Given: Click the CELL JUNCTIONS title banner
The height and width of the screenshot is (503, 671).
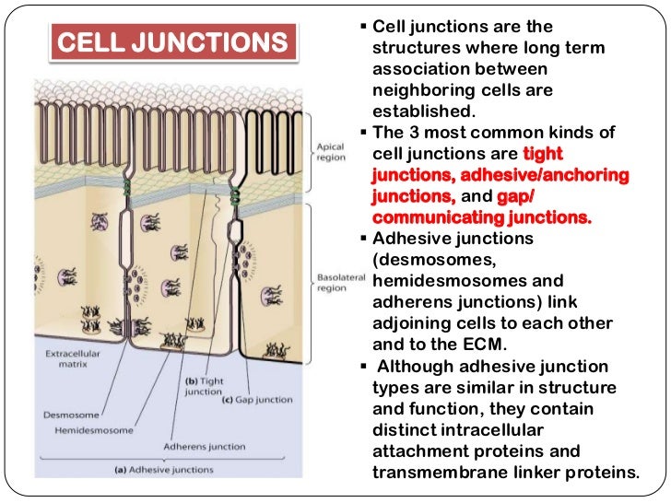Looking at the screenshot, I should click(x=173, y=43).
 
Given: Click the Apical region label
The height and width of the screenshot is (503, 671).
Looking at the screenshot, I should click(x=330, y=153).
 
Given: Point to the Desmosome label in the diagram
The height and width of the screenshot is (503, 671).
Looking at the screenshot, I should click(x=67, y=413).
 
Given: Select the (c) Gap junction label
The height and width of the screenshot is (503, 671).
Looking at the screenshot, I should click(x=257, y=399).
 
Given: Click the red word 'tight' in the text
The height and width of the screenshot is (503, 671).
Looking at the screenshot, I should click(x=542, y=154).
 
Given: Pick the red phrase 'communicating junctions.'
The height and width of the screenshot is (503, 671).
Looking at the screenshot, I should click(x=481, y=217).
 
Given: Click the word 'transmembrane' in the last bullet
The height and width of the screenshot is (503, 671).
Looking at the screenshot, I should click(x=430, y=473).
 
